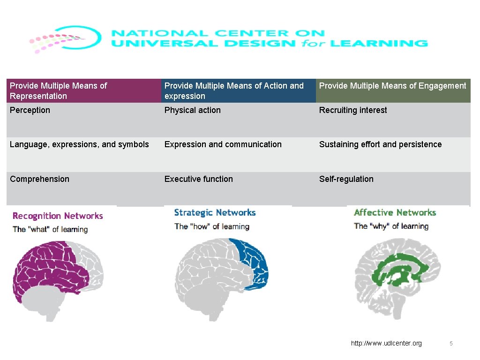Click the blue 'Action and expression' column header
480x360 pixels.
pos(238,91)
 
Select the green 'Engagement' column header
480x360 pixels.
pos(393,91)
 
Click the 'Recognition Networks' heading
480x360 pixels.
pos(57,216)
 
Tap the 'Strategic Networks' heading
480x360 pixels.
pos(215,213)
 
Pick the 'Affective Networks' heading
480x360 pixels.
pos(395,213)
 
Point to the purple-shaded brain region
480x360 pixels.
pos(47,267)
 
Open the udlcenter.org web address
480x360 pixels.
pos(386,344)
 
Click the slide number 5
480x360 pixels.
pos(451,344)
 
